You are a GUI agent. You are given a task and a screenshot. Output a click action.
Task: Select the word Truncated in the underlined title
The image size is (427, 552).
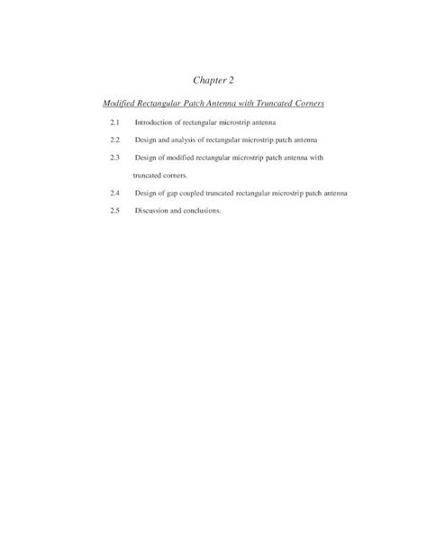click(275, 104)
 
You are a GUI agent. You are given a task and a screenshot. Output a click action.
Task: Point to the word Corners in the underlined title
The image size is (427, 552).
click(311, 104)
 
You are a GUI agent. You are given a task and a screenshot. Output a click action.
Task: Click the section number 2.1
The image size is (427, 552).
click(114, 122)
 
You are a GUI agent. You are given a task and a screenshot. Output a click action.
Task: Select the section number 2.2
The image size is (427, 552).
click(114, 140)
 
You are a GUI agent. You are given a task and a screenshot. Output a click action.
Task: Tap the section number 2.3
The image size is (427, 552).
click(114, 158)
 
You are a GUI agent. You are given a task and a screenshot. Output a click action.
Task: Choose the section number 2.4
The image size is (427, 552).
click(114, 193)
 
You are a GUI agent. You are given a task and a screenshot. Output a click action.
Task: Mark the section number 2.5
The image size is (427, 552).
click(114, 210)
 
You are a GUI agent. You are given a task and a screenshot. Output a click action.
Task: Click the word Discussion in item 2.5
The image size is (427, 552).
click(154, 210)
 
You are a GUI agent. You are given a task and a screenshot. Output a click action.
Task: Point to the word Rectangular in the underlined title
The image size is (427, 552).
click(162, 104)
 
